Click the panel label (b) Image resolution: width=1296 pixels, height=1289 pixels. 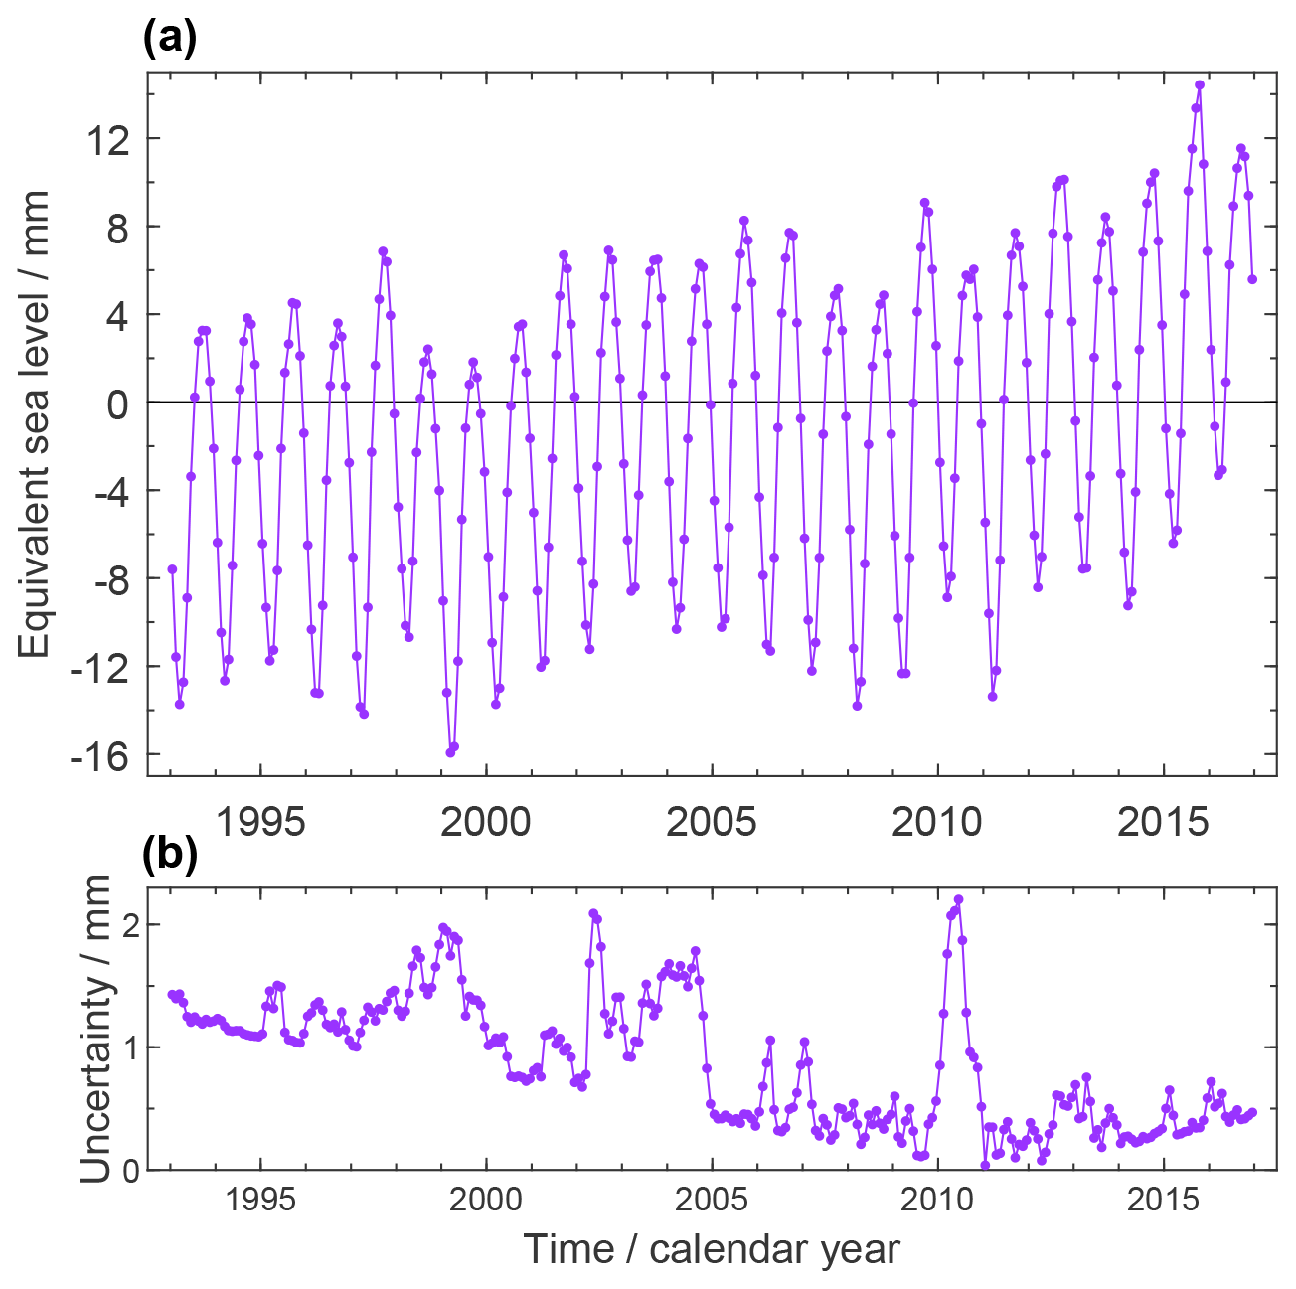click(170, 855)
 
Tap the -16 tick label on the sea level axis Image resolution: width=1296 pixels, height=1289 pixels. click(99, 755)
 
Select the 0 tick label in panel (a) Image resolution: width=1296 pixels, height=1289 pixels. click(117, 403)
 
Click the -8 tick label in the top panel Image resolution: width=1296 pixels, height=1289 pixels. click(106, 578)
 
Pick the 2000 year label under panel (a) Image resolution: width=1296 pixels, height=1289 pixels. click(486, 823)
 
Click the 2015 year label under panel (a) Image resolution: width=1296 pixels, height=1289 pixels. click(1163, 823)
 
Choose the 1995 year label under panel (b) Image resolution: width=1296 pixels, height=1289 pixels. click(260, 1201)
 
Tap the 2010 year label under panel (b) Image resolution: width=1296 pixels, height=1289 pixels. click(937, 1201)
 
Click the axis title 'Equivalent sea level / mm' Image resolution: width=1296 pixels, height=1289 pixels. click(36, 422)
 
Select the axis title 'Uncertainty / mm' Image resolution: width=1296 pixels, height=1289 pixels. click(95, 1029)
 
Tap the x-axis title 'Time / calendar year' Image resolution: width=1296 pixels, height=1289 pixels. click(712, 1249)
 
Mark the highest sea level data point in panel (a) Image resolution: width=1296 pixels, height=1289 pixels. click(1200, 85)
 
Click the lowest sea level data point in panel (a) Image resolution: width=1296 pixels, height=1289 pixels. click(450, 752)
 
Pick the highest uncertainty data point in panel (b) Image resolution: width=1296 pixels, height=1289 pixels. click(959, 899)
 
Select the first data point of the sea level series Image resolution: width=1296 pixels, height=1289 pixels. click(172, 569)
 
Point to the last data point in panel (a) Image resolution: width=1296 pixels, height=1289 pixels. click(1252, 279)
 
